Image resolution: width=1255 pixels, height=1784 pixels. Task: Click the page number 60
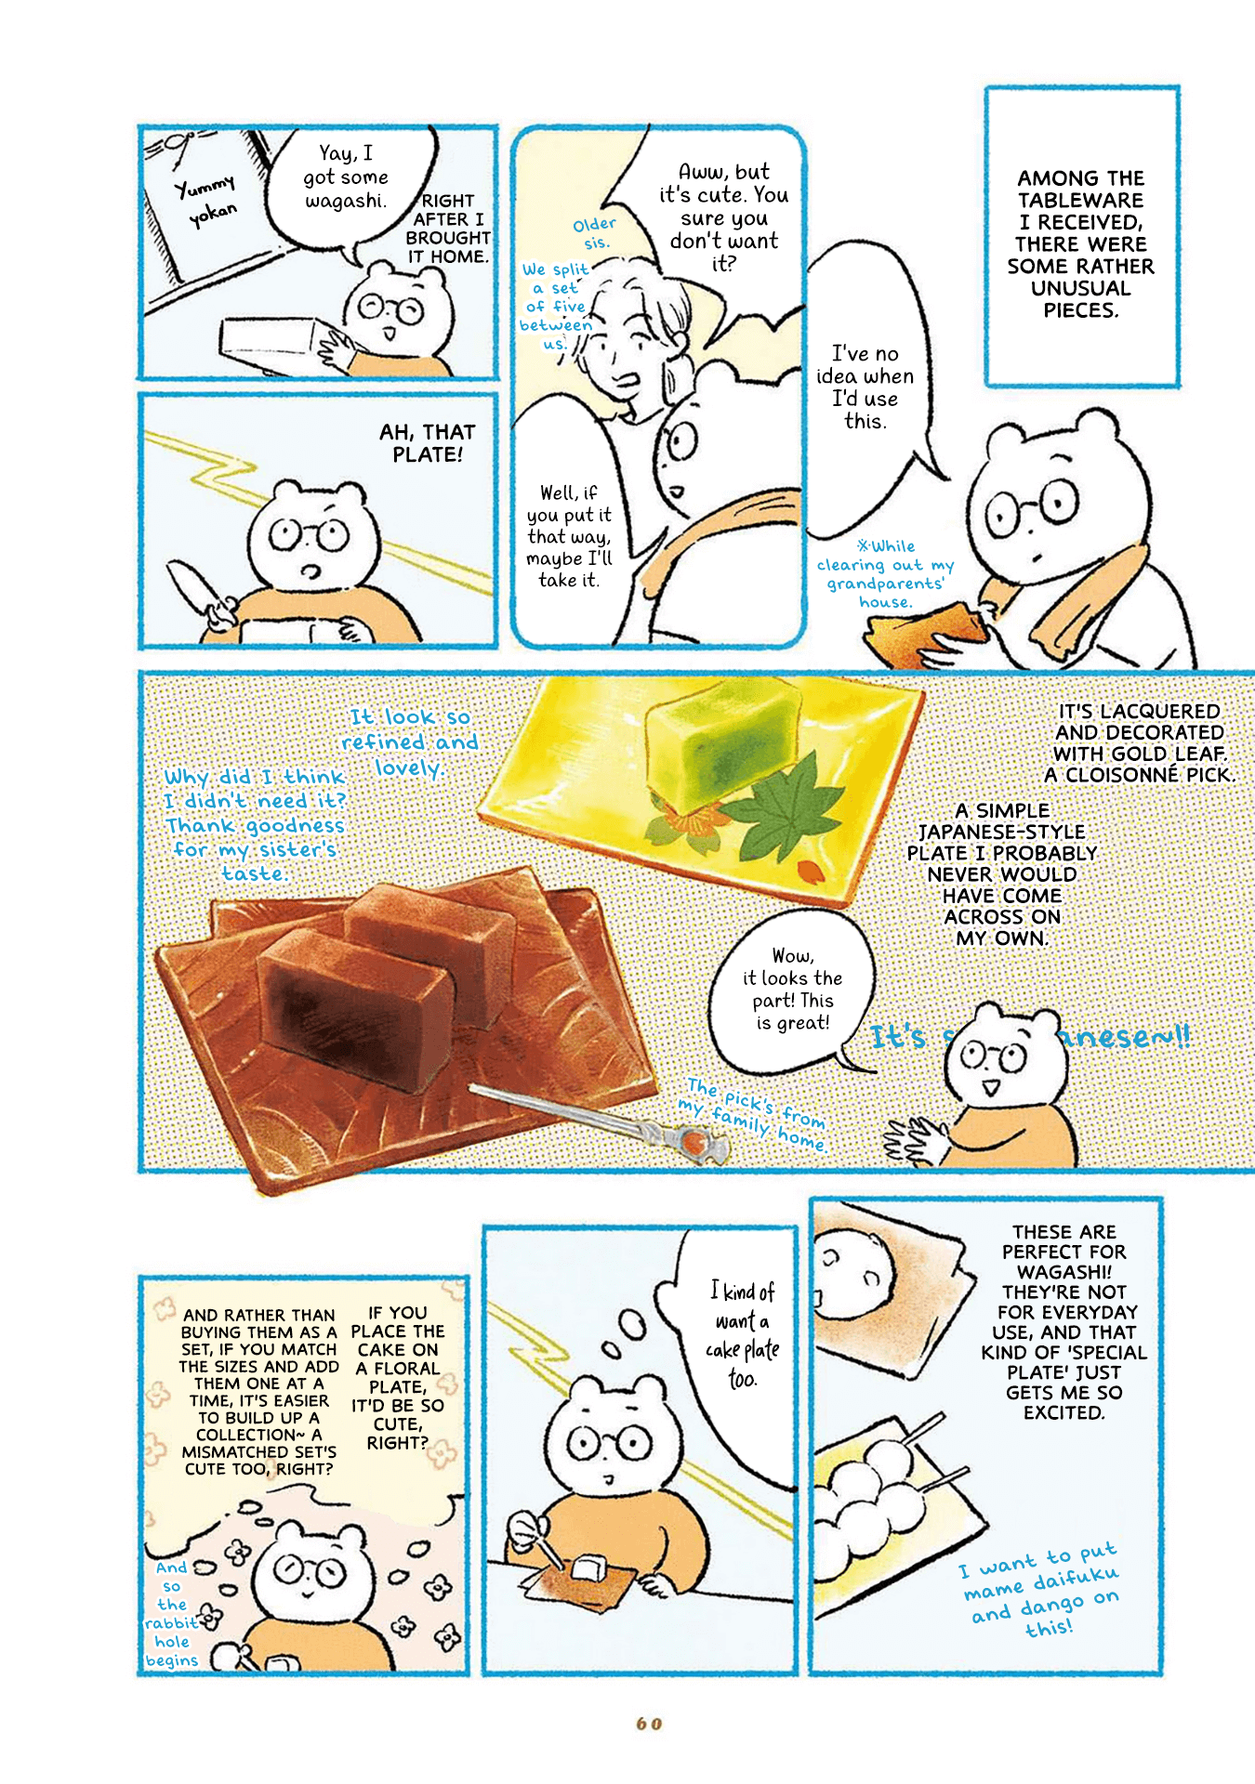[649, 1724]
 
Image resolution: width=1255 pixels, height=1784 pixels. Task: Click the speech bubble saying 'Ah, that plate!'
[428, 443]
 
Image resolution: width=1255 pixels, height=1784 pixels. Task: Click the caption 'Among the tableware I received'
[1080, 243]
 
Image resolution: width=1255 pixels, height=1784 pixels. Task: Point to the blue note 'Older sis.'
[594, 233]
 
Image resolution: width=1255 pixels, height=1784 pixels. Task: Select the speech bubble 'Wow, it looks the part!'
[793, 991]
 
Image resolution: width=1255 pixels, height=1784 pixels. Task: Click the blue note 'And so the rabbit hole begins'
[172, 1614]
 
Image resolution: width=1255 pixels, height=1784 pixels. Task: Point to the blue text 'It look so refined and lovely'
[409, 742]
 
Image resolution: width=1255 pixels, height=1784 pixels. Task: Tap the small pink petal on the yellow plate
[811, 870]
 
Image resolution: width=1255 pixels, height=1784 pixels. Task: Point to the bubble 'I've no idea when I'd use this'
[865, 387]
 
